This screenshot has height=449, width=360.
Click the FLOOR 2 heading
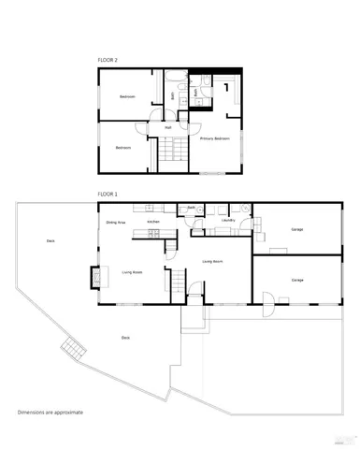point(108,59)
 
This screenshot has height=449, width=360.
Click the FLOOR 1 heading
point(108,194)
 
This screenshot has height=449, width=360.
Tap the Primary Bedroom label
point(214,138)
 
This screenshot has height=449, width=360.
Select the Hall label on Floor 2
point(168,127)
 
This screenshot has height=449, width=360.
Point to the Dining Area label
point(116,223)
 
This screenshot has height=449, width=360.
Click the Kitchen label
point(152,222)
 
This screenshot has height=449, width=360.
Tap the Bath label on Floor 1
point(191,208)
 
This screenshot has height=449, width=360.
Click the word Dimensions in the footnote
point(35,412)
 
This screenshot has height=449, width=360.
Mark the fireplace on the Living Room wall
point(94,277)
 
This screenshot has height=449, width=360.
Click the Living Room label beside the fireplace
point(132,272)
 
